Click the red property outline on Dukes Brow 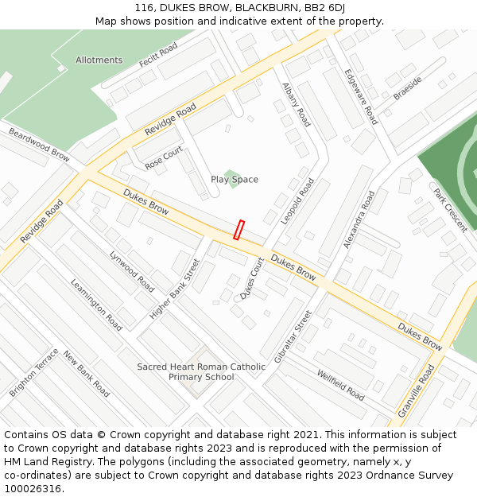(238, 230)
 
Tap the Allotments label (99, 60)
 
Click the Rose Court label (164, 157)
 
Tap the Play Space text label (235, 180)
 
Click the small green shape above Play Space (231, 173)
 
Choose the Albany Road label (296, 104)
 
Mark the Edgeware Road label (360, 96)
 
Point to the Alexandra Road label (359, 219)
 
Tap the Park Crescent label (450, 210)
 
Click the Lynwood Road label (132, 271)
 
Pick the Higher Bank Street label (175, 289)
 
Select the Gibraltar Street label (293, 336)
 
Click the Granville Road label (417, 390)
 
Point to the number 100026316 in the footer (33, 488)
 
